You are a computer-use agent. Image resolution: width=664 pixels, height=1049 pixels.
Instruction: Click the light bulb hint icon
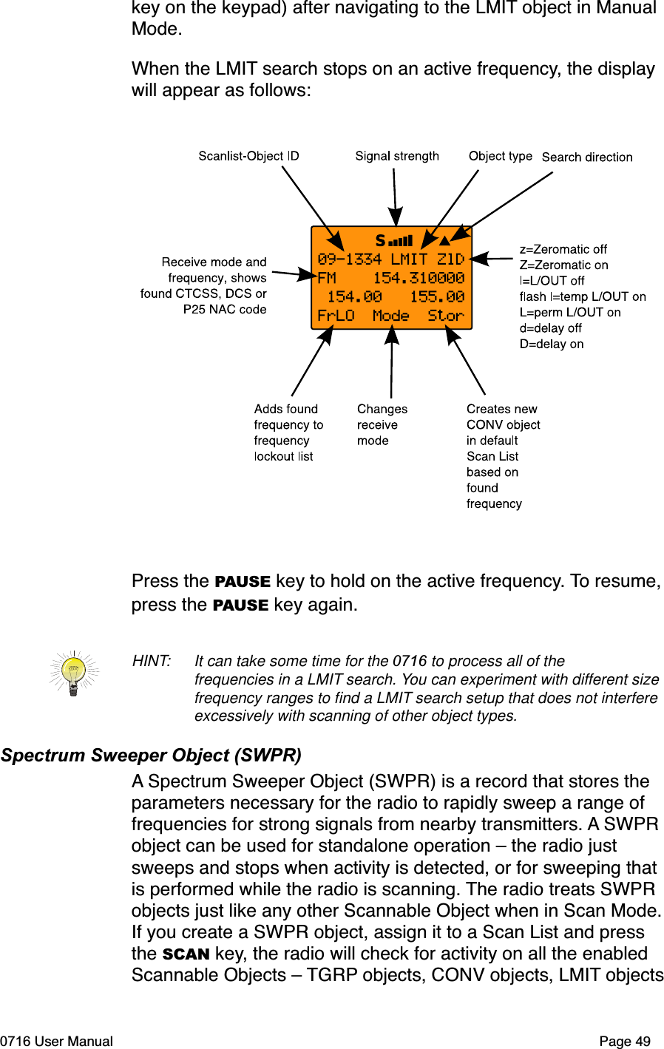73,673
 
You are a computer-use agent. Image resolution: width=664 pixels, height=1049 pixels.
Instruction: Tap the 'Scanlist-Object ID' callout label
248,156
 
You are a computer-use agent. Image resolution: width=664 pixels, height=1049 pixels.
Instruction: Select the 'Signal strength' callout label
397,156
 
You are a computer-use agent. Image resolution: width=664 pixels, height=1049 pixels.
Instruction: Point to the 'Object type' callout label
500,156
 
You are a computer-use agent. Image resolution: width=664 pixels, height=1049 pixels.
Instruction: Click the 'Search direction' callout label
587,157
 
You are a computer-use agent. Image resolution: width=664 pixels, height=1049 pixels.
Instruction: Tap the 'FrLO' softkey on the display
336,316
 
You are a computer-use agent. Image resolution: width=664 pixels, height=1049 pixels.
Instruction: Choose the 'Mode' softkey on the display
391,316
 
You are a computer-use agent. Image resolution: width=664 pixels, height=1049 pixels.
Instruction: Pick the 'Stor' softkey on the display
446,316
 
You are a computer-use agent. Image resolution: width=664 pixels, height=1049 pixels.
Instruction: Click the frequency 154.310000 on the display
419,278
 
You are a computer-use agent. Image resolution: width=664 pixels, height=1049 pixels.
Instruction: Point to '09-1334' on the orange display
350,259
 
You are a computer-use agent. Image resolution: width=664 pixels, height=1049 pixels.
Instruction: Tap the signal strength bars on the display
402,241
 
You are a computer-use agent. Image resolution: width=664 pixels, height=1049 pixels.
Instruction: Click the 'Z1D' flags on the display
450,259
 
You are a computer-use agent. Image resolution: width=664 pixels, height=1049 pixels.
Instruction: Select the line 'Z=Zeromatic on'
563,265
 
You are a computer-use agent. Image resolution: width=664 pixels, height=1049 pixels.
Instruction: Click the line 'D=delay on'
552,344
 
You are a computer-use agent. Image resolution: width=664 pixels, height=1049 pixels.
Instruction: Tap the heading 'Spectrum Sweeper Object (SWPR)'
151,756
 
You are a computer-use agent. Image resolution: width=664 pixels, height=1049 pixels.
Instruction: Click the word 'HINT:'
152,661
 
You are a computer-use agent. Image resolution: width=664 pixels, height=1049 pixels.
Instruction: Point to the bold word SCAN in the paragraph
186,954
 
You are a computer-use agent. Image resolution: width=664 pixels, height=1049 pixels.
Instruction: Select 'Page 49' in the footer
625,1041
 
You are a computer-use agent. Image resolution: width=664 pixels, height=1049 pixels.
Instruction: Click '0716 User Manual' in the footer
57,1041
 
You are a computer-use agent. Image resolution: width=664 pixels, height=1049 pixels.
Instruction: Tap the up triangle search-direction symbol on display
444,240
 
